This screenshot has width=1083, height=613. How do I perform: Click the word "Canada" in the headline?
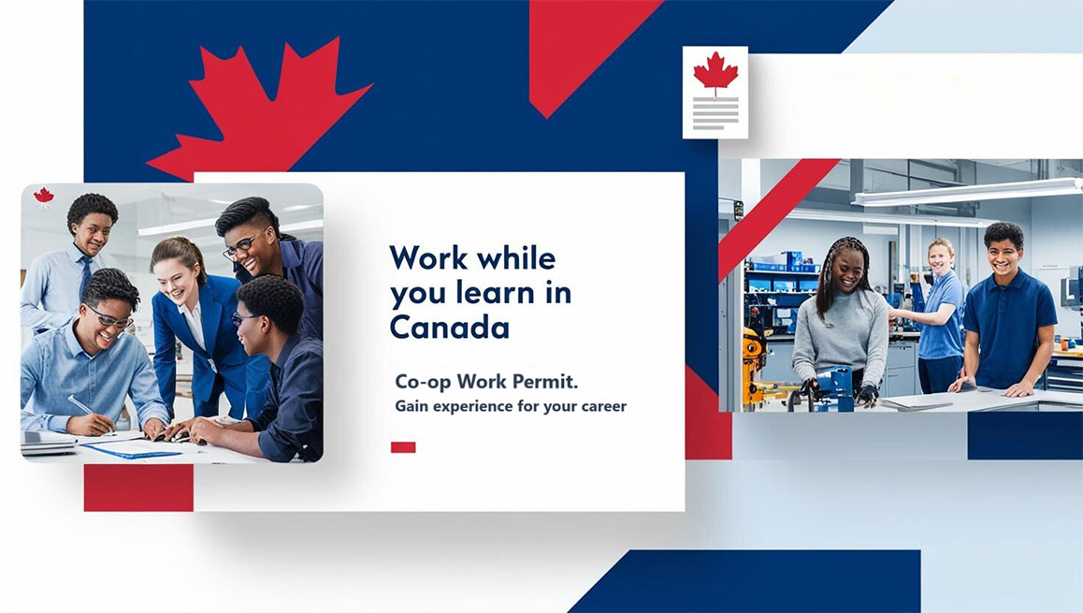pyautogui.click(x=450, y=327)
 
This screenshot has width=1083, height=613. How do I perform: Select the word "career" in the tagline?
pyautogui.click(x=603, y=406)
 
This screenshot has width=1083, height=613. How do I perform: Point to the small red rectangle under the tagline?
pyautogui.click(x=403, y=447)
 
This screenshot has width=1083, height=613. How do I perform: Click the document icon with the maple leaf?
pyautogui.click(x=715, y=93)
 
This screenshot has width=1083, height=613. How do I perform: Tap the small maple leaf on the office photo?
pyautogui.click(x=44, y=197)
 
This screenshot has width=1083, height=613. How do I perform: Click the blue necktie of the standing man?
pyautogui.click(x=85, y=276)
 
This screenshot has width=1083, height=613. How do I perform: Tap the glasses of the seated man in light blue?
pyautogui.click(x=109, y=318)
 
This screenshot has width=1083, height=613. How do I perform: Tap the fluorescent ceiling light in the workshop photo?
pyautogui.click(x=967, y=192)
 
